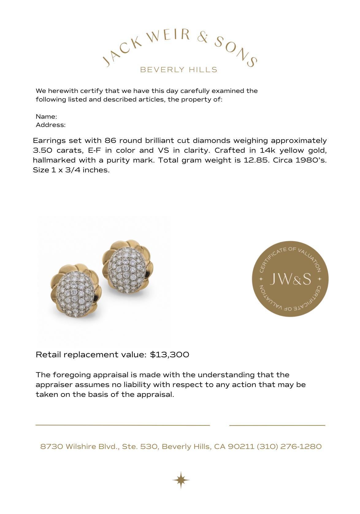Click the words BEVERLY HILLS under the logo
coord(178,70)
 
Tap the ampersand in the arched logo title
coord(203,38)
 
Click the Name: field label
coord(46,117)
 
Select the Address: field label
coord(51,125)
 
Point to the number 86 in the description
coord(110,141)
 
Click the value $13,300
coord(170,355)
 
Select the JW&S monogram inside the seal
coord(290,279)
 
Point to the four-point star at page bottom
coord(181,480)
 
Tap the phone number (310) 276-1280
coord(289,447)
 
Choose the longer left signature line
coord(123,425)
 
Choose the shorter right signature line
coord(277,425)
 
